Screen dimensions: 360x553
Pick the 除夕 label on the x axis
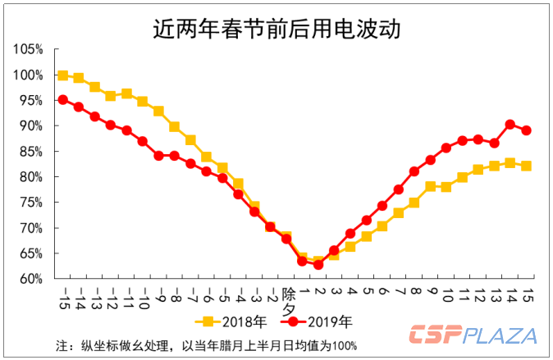288,299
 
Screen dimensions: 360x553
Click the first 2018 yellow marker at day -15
63,75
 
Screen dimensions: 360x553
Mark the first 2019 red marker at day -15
63,100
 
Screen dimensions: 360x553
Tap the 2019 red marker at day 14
510,125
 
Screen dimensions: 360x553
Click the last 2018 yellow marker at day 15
526,166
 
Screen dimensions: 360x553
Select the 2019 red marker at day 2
318,264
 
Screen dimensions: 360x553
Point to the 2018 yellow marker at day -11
126,93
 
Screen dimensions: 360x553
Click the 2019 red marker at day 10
446,148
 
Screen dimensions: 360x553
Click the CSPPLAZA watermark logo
473,335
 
